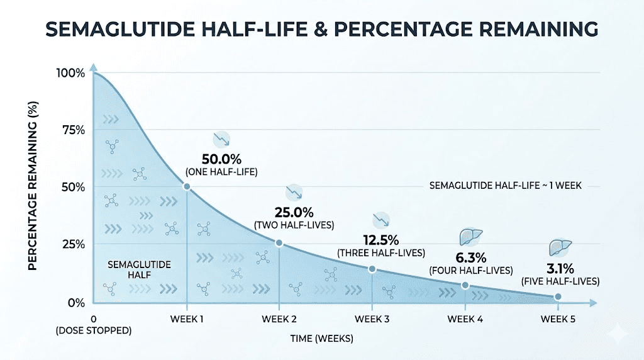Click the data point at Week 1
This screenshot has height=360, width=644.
tap(187, 186)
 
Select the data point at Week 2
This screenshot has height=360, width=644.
tap(279, 244)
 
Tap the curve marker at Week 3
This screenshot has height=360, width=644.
tap(372, 269)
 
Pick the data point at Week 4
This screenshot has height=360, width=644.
tap(465, 285)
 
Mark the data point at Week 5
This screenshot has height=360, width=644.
tap(558, 296)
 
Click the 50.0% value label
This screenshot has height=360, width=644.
tap(222, 158)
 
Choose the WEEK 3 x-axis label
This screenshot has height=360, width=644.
tap(372, 318)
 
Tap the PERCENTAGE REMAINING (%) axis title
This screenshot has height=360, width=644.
tap(33, 186)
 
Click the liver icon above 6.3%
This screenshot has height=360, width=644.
tap(469, 237)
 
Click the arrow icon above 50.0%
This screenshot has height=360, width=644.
tap(221, 139)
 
